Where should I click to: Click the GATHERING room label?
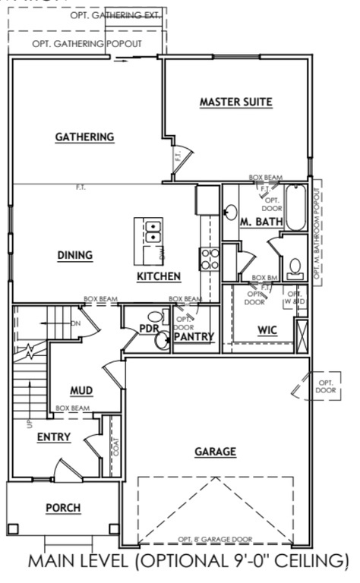tap(84, 137)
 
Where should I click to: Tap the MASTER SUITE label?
tap(235, 102)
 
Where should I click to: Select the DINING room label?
tap(74, 255)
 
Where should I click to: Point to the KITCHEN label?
tap(159, 276)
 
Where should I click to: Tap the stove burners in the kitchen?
tap(209, 260)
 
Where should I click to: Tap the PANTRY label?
tap(194, 336)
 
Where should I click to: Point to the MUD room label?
tap(81, 390)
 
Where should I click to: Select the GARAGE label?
tap(215, 452)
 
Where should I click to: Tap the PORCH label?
tap(63, 508)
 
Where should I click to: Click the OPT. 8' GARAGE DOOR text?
tap(214, 539)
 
